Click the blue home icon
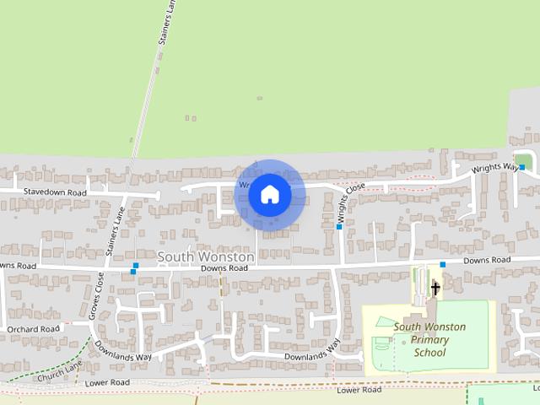click(269, 195)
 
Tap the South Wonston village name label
click(206, 256)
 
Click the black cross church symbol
click(435, 289)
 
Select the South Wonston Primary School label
click(429, 339)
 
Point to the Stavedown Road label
click(55, 192)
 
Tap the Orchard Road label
click(33, 329)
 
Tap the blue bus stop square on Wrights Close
click(339, 226)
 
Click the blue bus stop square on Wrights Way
click(522, 167)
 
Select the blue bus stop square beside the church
click(442, 265)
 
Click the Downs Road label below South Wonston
click(224, 268)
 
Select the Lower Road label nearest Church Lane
click(107, 382)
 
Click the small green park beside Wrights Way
click(523, 160)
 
